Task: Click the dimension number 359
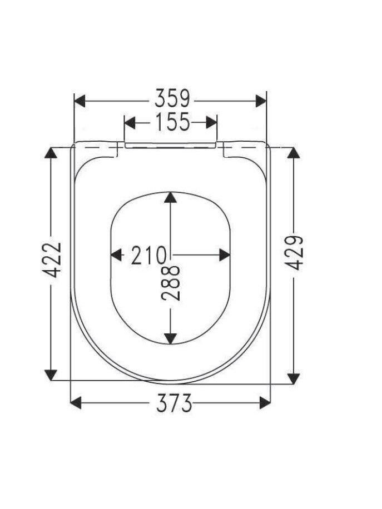(172, 98)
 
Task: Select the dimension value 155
(172, 122)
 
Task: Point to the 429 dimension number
(294, 253)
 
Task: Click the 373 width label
(174, 403)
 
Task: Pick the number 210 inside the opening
(149, 255)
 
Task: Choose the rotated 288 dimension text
(171, 283)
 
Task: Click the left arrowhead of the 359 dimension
(80, 101)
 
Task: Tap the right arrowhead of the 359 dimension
(261, 101)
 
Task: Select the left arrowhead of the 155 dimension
(130, 123)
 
